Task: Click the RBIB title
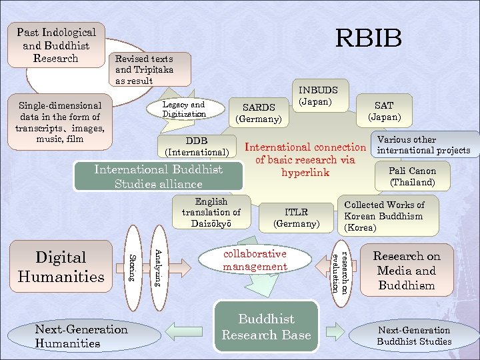[x=368, y=38]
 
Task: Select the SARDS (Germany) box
[x=259, y=113]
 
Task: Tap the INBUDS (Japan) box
[x=321, y=95]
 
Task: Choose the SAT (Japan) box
[x=384, y=111]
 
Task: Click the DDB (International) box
[x=197, y=146]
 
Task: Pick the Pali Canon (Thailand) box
[x=413, y=176]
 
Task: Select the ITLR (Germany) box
[x=296, y=217]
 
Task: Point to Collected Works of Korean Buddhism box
[x=388, y=215]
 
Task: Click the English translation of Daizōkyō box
[x=211, y=212]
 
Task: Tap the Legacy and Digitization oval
[x=185, y=109]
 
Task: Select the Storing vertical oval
[x=133, y=268]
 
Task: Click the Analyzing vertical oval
[x=159, y=268]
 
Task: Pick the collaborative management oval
[x=255, y=259]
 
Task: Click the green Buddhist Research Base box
[x=266, y=327]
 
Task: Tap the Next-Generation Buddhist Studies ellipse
[x=414, y=335]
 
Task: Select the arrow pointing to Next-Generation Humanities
[x=184, y=331]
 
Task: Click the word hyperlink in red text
[x=305, y=173]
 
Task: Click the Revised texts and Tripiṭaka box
[x=150, y=69]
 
